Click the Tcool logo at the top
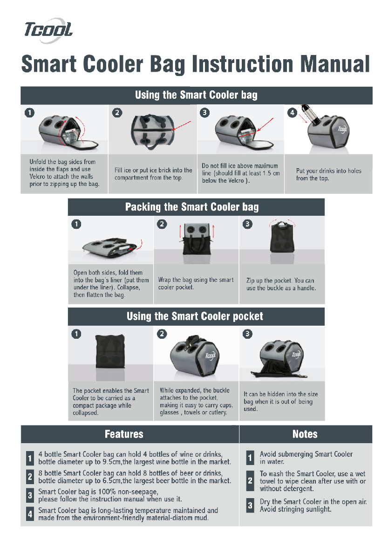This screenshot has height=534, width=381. coord(48,30)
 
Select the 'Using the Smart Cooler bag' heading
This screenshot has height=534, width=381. coord(196,95)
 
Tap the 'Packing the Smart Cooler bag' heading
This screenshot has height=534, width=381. coord(192,207)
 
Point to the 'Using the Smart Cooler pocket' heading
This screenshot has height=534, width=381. coord(195,316)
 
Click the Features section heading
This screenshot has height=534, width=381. coord(124,434)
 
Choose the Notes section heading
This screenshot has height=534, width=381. coord(305,434)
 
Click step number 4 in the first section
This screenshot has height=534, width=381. coord(292,113)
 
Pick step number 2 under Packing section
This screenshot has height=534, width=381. coord(162,224)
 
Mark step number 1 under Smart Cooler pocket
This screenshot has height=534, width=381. coord(76,334)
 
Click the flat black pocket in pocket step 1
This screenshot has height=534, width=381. coord(109,351)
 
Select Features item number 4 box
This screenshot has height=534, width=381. coord(30,514)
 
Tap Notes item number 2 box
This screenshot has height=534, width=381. coord(250,480)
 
